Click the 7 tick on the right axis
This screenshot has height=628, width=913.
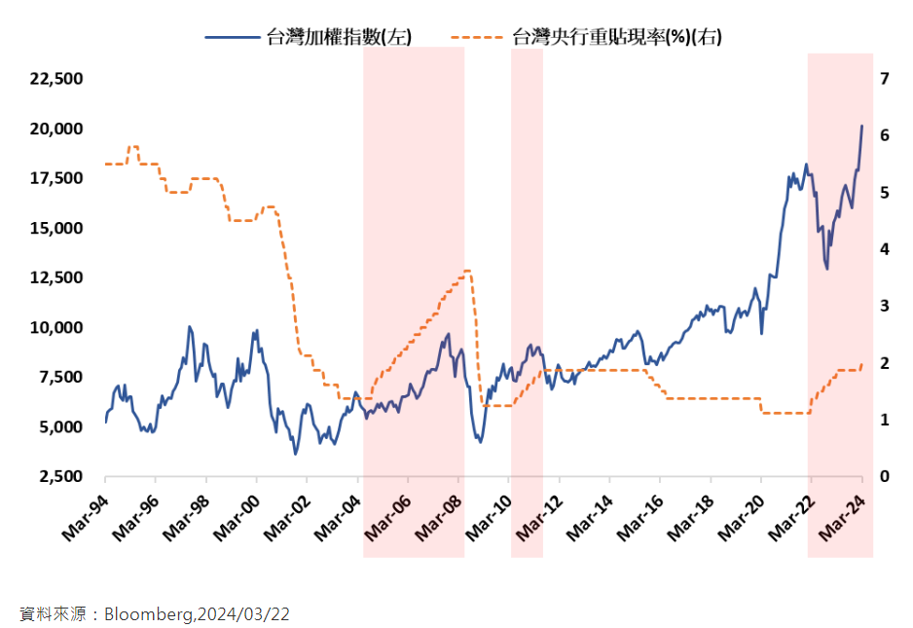coord(884,79)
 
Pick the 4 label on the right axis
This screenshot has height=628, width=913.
coord(884,249)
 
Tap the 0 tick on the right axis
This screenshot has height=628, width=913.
coord(884,477)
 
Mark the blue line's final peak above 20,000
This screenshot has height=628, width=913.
coord(861,126)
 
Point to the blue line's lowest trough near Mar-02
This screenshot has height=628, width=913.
coord(295,453)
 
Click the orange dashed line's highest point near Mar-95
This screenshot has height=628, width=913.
coord(133,147)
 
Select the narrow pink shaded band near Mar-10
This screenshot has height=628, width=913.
coord(527,302)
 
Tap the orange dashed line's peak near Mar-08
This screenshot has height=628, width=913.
coord(467,271)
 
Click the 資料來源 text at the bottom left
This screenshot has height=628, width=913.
coord(48,614)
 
